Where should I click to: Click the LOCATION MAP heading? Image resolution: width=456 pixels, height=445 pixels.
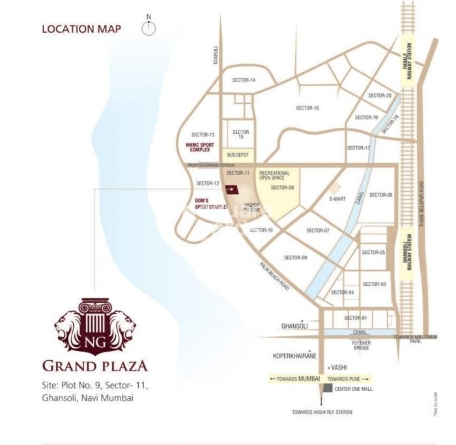81,29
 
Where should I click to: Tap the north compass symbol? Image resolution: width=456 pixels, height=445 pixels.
149,27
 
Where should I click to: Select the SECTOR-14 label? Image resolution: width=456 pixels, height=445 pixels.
244,80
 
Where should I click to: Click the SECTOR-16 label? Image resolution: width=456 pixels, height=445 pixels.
307,108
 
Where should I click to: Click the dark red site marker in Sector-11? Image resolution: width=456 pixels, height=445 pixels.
231,189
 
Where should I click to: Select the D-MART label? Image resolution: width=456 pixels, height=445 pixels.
337,198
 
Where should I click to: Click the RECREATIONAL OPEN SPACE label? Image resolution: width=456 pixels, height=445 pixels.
274,176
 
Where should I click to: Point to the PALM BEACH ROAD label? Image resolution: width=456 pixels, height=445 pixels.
274,276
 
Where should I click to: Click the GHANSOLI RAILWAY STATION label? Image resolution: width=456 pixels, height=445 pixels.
408,254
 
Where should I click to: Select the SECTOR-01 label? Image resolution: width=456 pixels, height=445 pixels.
356,318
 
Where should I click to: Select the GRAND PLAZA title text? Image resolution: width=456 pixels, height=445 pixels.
95,366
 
